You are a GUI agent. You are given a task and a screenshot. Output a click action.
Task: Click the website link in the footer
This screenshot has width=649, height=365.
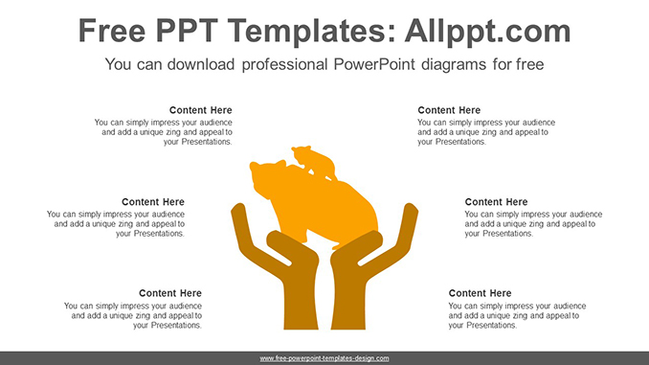click(324, 357)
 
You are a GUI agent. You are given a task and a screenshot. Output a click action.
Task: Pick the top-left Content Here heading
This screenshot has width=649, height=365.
click(200, 110)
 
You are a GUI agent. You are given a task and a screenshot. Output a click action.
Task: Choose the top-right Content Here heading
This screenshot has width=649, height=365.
click(450, 110)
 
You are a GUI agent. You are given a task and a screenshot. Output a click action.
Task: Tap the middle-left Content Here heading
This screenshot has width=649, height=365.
click(153, 202)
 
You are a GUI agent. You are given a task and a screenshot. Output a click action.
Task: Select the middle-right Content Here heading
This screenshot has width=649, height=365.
click(496, 202)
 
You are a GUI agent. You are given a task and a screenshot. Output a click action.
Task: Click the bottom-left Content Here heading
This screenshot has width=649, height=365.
click(170, 293)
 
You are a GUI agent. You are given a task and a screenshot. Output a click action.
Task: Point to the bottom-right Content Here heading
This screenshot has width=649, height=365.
click(481, 293)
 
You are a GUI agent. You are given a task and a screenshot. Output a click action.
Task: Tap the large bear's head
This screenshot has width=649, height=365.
click(266, 178)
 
